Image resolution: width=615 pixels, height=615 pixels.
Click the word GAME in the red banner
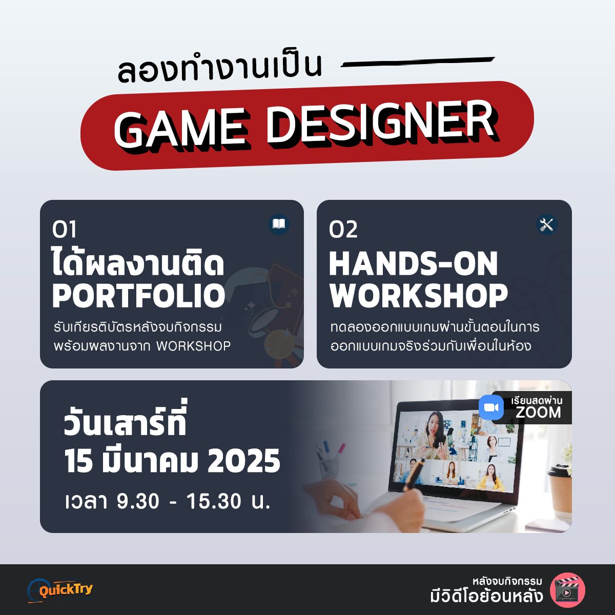179,128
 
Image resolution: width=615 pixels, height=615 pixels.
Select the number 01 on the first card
65,229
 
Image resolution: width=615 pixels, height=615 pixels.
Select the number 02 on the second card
343,229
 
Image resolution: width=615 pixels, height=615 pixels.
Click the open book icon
279,224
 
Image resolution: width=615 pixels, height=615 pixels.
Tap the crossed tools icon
547,224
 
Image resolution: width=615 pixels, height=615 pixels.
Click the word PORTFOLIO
138,296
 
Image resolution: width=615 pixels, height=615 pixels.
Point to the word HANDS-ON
413,263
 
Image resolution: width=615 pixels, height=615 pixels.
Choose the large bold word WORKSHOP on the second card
419,296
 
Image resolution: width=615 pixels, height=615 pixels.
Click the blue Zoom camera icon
491,407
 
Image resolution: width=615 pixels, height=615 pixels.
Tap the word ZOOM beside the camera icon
538,412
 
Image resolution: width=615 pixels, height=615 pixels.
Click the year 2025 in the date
244,461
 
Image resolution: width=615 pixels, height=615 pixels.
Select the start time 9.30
138,501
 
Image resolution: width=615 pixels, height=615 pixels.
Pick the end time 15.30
214,501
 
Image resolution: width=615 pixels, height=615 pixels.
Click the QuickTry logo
60,590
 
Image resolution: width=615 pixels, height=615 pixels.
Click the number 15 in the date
79,461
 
